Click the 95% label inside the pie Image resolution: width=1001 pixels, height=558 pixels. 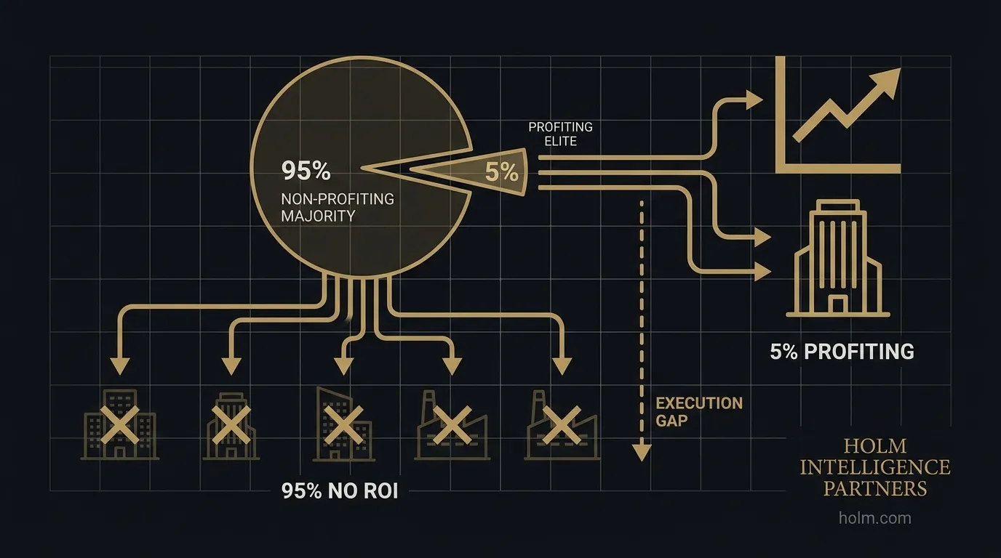[x=306, y=171]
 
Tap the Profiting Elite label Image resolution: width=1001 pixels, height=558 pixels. [x=560, y=134]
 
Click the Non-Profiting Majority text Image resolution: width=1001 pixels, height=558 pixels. [x=337, y=207]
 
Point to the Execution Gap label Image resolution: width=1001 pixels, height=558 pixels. [x=699, y=411]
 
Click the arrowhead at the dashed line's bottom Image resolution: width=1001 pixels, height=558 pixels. [x=640, y=453]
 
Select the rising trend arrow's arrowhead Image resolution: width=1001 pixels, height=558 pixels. [x=885, y=79]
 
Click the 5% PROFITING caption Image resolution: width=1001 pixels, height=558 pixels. [x=842, y=352]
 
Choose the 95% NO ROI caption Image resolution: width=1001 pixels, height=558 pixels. [x=339, y=491]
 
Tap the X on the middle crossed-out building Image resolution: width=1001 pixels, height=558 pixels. [x=338, y=424]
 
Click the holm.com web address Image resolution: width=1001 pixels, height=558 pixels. [x=874, y=518]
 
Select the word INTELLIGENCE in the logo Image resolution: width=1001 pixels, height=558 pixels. [x=874, y=466]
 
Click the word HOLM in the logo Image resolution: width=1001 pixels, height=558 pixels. [x=874, y=445]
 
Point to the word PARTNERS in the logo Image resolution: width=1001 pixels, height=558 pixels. [x=874, y=488]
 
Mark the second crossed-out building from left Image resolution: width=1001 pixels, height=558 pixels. [x=230, y=426]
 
